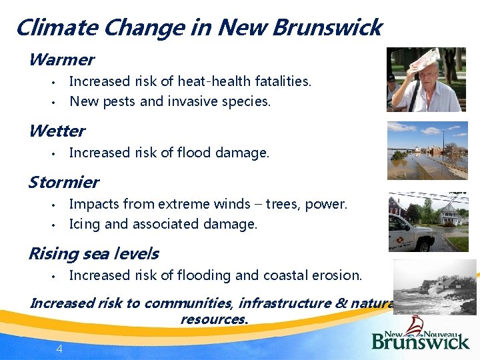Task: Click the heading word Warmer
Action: [61, 60]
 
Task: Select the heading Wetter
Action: [57, 131]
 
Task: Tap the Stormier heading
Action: [63, 182]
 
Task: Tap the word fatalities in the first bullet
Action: [283, 81]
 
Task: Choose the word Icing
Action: [85, 225]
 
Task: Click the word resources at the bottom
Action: [213, 319]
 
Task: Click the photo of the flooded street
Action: [427, 150]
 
